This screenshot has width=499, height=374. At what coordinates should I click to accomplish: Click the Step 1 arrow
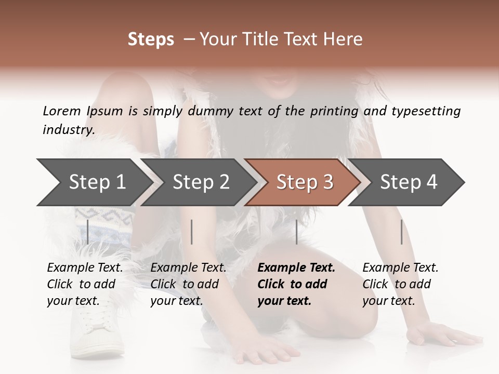tap(94, 182)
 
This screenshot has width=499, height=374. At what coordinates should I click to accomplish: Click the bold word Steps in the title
tap(151, 39)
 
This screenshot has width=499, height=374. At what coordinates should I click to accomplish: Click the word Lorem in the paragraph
tap(62, 111)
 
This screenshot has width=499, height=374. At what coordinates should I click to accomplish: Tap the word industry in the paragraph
tap(68, 130)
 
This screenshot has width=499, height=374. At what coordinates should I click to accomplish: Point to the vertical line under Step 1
tap(88, 232)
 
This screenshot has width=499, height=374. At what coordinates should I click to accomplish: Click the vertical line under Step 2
tap(192, 232)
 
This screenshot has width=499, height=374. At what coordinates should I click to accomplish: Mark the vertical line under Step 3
tap(296, 232)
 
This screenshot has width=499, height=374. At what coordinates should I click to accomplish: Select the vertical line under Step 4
tap(401, 232)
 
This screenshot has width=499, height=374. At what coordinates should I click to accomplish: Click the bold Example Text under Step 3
tap(296, 268)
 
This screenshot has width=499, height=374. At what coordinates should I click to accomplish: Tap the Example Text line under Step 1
tap(85, 268)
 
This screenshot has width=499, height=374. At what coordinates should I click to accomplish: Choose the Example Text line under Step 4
tap(400, 268)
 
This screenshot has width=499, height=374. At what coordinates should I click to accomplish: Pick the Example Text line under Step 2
tap(188, 268)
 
